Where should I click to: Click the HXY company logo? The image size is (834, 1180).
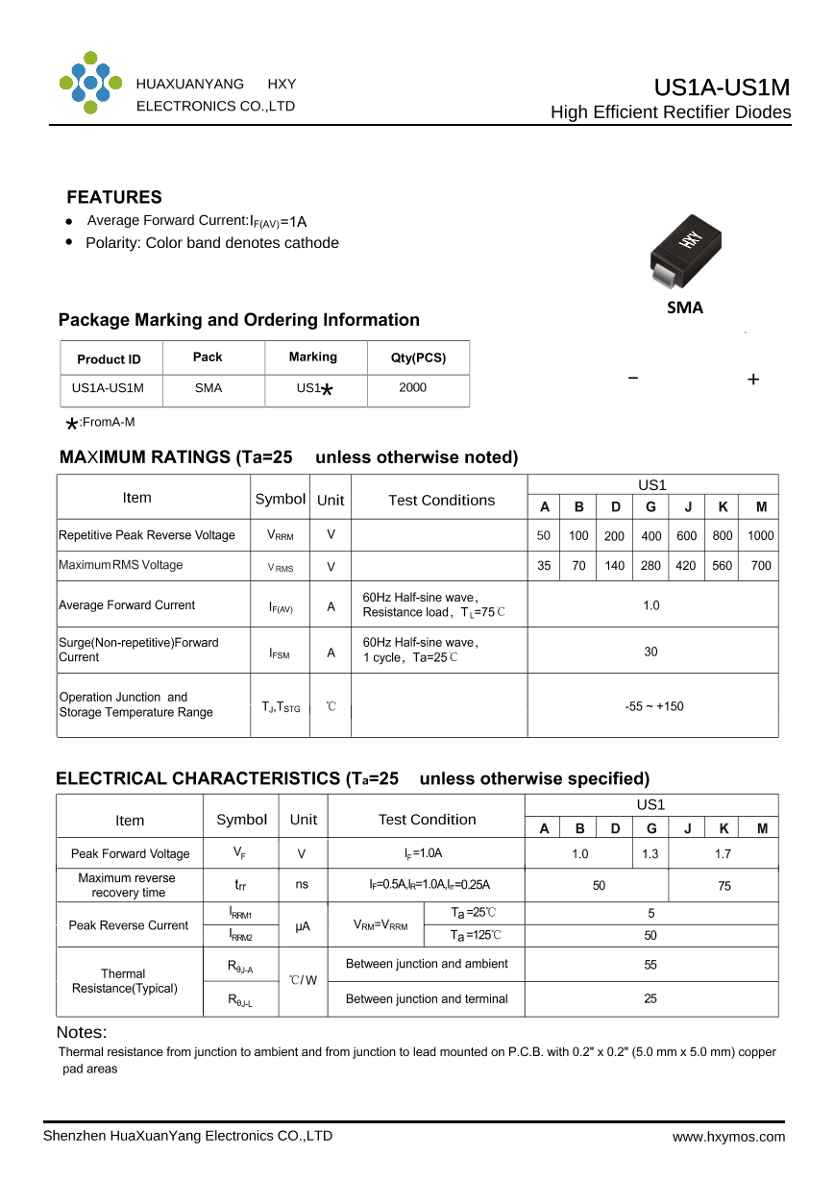pyautogui.click(x=90, y=84)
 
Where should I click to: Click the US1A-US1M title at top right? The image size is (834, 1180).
pyautogui.click(x=722, y=87)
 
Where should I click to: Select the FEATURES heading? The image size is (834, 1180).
pyautogui.click(x=114, y=197)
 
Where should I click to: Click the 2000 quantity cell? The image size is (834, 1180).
pyautogui.click(x=413, y=388)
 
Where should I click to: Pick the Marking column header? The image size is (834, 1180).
pyautogui.click(x=313, y=357)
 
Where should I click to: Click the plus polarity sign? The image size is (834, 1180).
pyautogui.click(x=753, y=380)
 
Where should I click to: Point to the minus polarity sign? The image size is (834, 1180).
pyautogui.click(x=632, y=378)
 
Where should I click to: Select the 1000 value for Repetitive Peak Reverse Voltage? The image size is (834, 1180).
pyautogui.click(x=760, y=536)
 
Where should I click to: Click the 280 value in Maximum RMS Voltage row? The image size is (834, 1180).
pyautogui.click(x=650, y=566)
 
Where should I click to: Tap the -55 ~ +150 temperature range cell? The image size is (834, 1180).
pyautogui.click(x=653, y=706)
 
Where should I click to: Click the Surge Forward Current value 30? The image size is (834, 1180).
pyautogui.click(x=650, y=651)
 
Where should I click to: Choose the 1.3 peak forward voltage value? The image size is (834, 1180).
pyautogui.click(x=650, y=853)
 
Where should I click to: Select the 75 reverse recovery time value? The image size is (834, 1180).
pyautogui.click(x=724, y=886)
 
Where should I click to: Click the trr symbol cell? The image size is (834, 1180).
pyautogui.click(x=241, y=886)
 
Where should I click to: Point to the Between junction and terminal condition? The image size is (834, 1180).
pyautogui.click(x=427, y=999)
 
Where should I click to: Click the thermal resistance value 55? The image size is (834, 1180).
pyautogui.click(x=650, y=965)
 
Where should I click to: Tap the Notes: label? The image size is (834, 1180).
pyautogui.click(x=82, y=1033)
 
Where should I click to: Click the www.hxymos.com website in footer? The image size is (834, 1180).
pyautogui.click(x=728, y=1137)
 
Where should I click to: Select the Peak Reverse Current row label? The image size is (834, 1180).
pyautogui.click(x=129, y=925)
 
